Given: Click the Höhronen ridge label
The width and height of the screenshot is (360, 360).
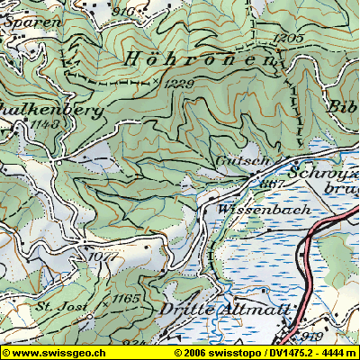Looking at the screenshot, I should tap(202, 59).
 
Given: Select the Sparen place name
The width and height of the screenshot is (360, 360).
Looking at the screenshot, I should tap(18, 21).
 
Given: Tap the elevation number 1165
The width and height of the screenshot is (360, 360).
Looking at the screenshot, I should tap(127, 296).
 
